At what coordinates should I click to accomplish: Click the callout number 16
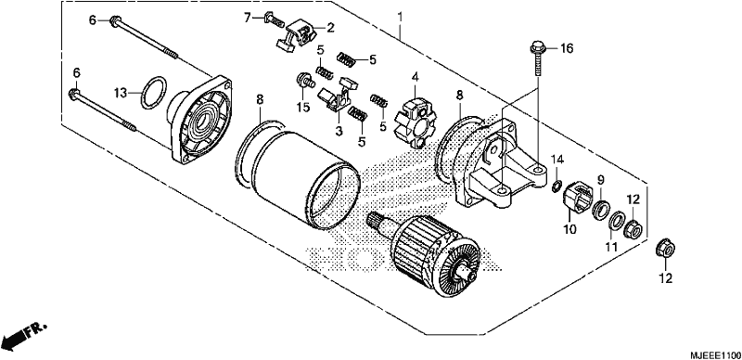(567, 48)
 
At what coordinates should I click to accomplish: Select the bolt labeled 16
(538, 59)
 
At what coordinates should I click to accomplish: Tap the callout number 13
(122, 93)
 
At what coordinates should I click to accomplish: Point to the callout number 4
(415, 76)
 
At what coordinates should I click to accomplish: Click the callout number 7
(247, 18)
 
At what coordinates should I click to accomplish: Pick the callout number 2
(330, 28)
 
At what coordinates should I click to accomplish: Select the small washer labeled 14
(556, 184)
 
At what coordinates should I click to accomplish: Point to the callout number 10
(569, 230)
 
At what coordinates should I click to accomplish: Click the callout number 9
(600, 179)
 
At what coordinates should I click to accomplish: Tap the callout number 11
(611, 247)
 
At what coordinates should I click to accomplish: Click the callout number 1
(400, 18)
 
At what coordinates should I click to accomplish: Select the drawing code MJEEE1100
(715, 354)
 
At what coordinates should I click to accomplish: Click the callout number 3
(339, 131)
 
